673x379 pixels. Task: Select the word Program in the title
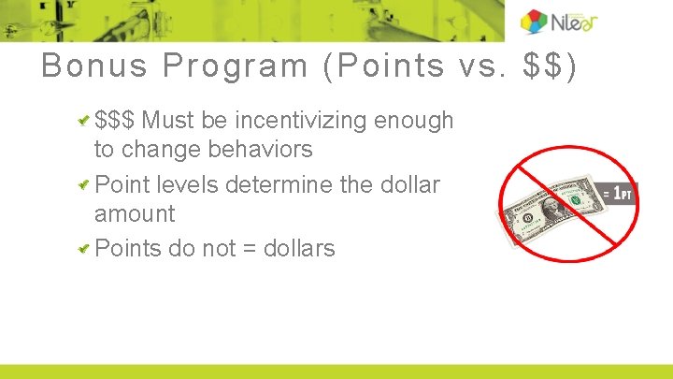(235, 66)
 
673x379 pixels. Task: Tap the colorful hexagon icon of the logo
(535, 22)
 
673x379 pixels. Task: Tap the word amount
(135, 213)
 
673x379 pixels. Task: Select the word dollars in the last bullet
(299, 248)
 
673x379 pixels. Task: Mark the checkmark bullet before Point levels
(85, 184)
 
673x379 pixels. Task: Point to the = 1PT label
(619, 194)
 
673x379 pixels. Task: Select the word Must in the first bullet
(169, 121)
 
